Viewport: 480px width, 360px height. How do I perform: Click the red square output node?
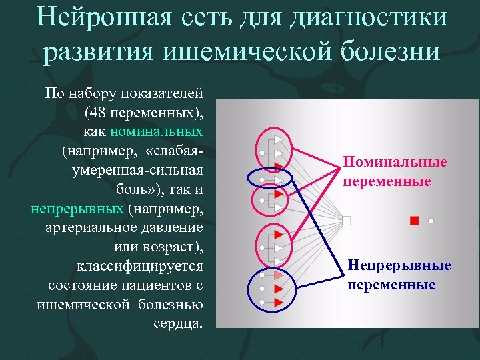tap(414, 220)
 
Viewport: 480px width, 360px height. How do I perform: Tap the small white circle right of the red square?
tap(431, 220)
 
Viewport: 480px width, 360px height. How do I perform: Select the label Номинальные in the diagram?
tap(395, 162)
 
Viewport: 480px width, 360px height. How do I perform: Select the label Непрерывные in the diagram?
tap(399, 266)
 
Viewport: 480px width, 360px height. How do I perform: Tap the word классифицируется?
tap(139, 267)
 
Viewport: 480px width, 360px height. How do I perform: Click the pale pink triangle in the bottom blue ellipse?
tap(279, 275)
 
